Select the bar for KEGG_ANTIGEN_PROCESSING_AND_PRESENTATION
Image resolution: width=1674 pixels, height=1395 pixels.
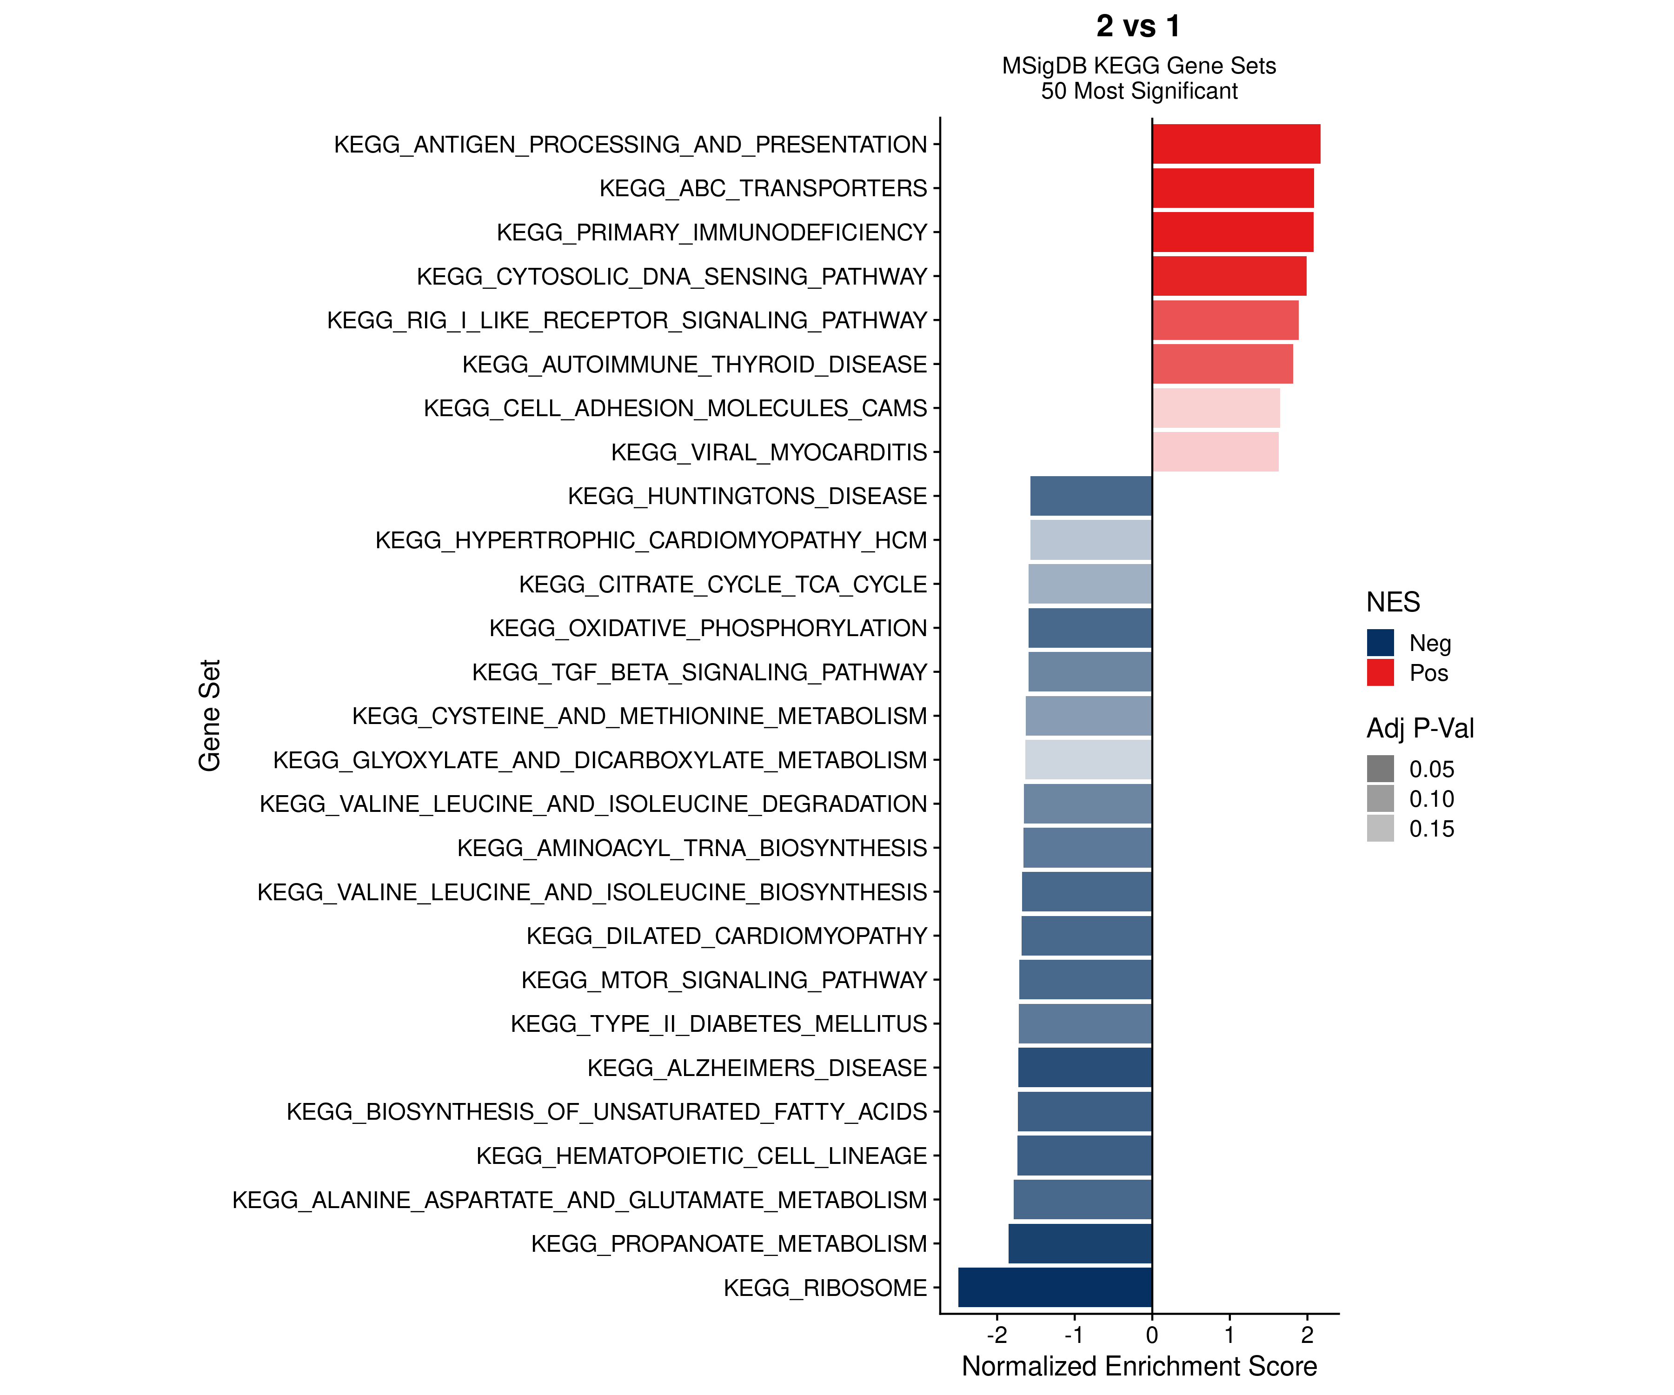coord(1236,144)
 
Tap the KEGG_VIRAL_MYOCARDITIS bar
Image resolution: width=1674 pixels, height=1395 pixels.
coord(1215,452)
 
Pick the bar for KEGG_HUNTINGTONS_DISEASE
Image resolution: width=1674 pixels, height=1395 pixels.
coord(1090,496)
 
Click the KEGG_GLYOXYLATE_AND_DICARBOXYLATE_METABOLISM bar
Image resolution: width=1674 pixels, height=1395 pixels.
coord(1088,760)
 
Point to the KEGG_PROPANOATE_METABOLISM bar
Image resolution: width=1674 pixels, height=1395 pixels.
coord(1080,1243)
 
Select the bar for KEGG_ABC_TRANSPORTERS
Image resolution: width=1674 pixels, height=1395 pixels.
coord(1232,188)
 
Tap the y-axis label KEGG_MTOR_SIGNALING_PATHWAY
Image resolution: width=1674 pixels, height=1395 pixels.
coord(724,980)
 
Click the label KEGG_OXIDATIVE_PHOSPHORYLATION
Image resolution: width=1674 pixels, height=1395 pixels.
coord(708,628)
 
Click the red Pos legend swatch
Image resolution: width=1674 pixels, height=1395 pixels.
coord(1380,672)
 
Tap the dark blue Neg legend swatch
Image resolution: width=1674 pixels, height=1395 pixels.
coord(1380,643)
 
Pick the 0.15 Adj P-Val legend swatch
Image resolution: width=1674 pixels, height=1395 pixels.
coord(1380,828)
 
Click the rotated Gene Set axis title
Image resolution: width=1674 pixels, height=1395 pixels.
coord(209,715)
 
